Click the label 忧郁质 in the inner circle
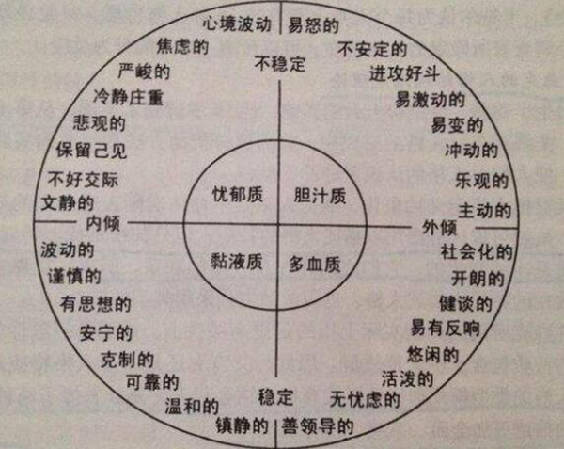tap(237, 196)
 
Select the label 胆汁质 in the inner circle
tap(319, 196)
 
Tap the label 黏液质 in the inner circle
tap(235, 261)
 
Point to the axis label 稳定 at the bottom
tap(275, 393)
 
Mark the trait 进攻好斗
tap(402, 72)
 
